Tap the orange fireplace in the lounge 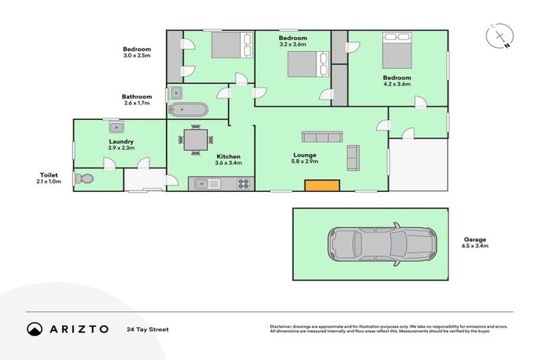click(x=322, y=185)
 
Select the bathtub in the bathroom click(x=188, y=110)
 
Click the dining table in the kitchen click(x=195, y=139)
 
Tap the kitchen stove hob click(x=243, y=184)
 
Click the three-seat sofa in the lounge click(x=321, y=136)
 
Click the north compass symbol click(x=499, y=36)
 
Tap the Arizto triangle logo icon click(x=34, y=328)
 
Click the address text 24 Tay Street click(x=148, y=329)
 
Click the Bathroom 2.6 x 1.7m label click(x=136, y=100)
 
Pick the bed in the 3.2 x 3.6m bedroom click(x=309, y=65)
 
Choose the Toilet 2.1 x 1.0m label click(x=50, y=178)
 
